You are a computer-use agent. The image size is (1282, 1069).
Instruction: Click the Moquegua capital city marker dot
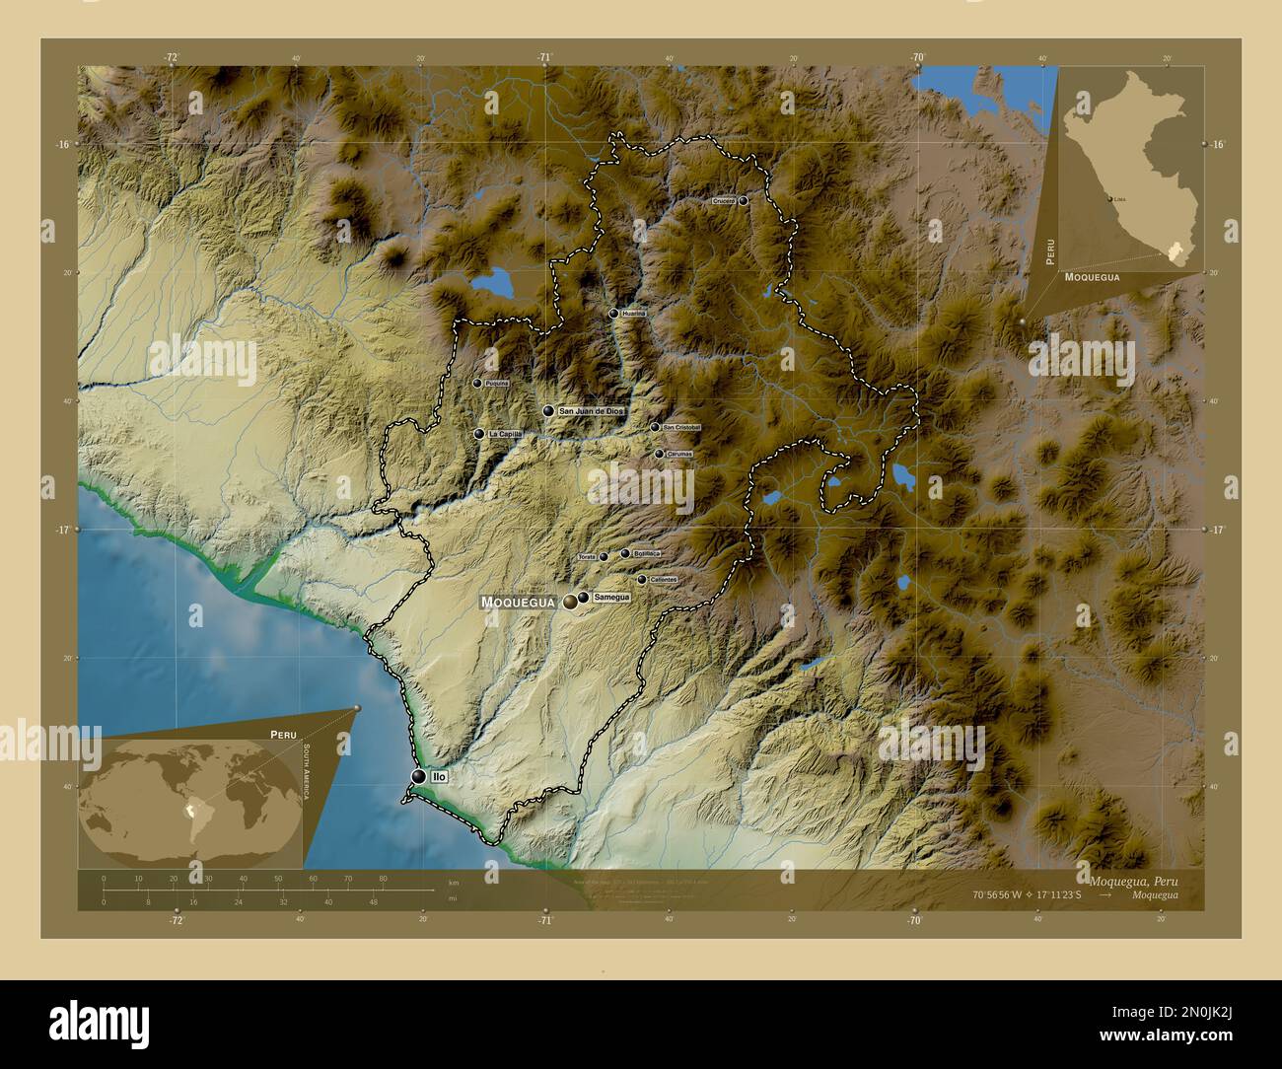click(571, 602)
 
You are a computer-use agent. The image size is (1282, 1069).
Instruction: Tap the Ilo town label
click(438, 777)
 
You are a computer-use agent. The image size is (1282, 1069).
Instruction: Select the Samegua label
click(611, 597)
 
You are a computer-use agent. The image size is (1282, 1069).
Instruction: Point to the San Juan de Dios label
click(591, 410)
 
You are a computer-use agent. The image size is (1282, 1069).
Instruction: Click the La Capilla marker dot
click(478, 434)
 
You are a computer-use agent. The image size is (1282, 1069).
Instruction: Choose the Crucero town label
click(723, 200)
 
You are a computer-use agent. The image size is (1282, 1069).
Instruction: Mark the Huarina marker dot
click(613, 314)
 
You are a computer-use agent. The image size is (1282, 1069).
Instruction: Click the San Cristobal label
click(681, 427)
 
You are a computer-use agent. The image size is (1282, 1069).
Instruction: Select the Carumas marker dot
click(659, 454)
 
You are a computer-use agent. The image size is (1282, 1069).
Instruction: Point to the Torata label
click(587, 557)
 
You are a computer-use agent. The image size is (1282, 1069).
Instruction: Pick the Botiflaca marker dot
click(625, 554)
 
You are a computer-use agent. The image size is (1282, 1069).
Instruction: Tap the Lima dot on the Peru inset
click(1110, 199)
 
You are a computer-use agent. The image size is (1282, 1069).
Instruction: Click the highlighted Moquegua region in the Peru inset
click(1175, 251)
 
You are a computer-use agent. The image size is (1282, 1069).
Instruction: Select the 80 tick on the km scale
click(383, 878)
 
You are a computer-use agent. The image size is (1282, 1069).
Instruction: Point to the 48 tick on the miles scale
click(373, 901)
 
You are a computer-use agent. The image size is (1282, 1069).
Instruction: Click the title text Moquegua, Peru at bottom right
click(1134, 880)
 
